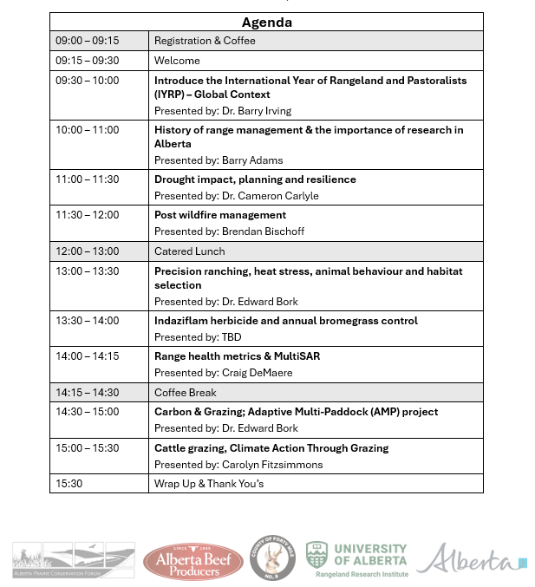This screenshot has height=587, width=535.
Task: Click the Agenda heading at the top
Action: point(266,23)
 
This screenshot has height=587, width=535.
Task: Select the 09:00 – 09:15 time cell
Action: point(88,41)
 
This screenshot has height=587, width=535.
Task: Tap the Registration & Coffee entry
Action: point(205,41)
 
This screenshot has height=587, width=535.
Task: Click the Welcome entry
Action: point(177,61)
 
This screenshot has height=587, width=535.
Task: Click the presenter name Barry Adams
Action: point(252,160)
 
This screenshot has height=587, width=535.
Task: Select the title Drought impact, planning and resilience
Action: point(255,179)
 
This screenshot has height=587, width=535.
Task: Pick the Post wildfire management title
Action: point(220,215)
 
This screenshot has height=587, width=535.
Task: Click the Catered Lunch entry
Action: point(189,251)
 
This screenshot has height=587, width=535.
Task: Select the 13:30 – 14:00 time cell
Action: point(88,321)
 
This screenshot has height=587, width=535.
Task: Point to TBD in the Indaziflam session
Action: point(232,337)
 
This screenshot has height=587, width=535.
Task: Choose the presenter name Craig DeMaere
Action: point(257,373)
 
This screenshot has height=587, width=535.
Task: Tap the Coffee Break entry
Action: point(186,393)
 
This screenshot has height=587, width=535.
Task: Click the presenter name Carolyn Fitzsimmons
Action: point(272,465)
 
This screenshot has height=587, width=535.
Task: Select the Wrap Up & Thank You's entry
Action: point(209,484)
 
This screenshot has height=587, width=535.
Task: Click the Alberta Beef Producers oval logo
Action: point(193,561)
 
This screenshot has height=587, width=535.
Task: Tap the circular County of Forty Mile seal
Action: point(273,558)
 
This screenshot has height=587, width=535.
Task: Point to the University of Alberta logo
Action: point(356,559)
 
